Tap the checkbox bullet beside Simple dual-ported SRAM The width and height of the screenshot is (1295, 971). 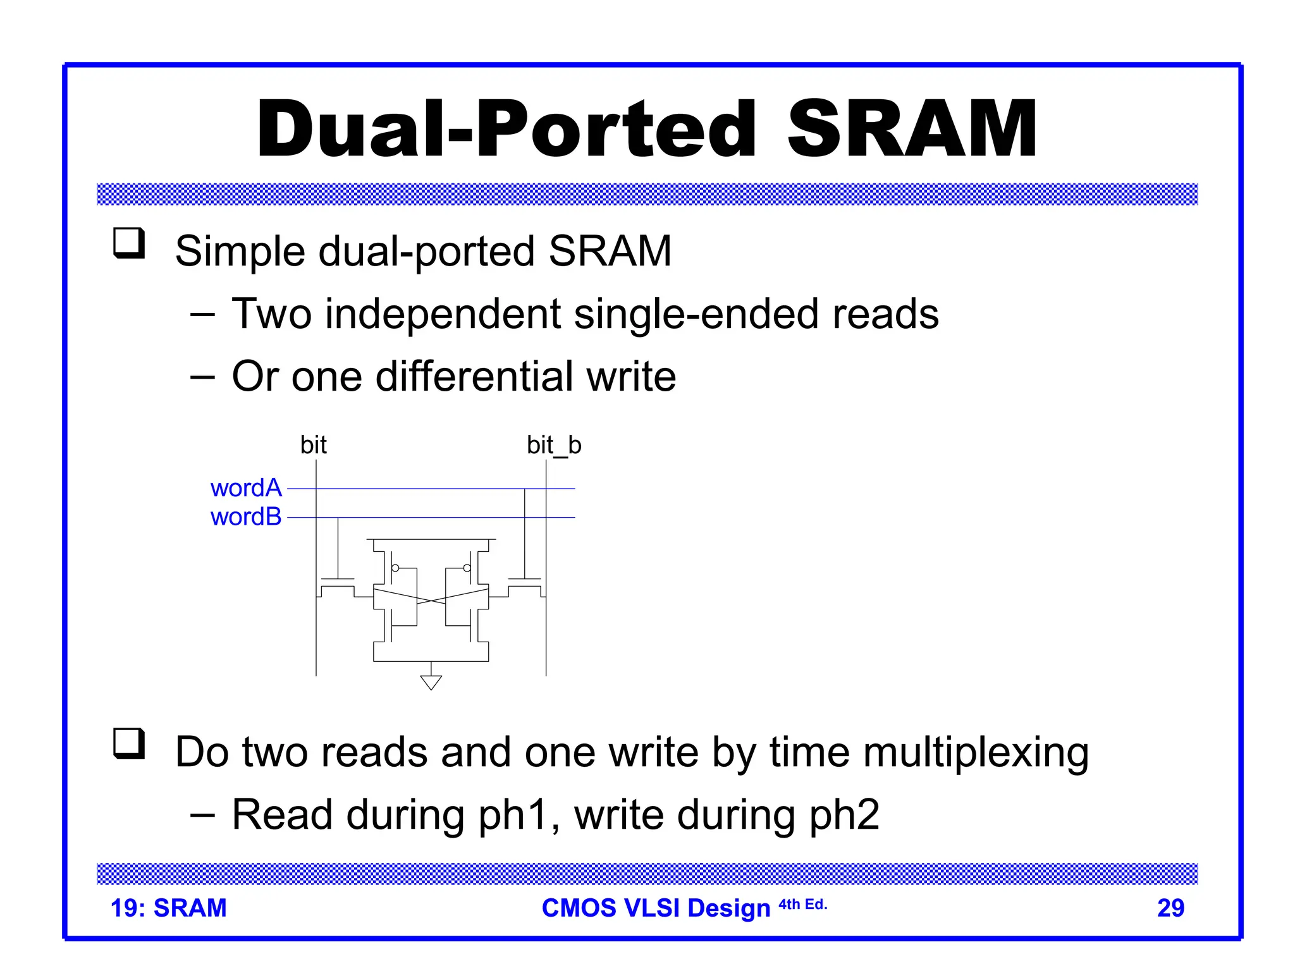[x=129, y=243]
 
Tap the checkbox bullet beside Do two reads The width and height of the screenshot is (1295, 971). [x=129, y=743]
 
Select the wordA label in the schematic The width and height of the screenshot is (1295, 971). [x=245, y=488]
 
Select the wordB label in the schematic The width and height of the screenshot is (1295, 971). [x=245, y=517]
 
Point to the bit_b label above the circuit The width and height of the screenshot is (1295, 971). [x=554, y=445]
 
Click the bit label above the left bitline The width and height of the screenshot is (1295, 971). [x=313, y=445]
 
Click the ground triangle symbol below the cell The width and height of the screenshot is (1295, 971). [x=431, y=683]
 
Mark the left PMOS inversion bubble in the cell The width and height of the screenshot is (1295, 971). [x=395, y=568]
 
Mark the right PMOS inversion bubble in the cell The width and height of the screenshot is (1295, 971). [x=467, y=568]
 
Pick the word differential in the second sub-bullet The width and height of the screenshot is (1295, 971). [x=474, y=377]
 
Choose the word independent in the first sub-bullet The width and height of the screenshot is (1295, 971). [x=443, y=314]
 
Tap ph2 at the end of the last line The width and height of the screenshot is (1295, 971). [x=844, y=815]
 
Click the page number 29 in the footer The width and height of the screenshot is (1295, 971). [x=1170, y=908]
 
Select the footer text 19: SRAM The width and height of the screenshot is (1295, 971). [x=168, y=908]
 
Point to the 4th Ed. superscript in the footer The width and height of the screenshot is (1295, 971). [x=802, y=904]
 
